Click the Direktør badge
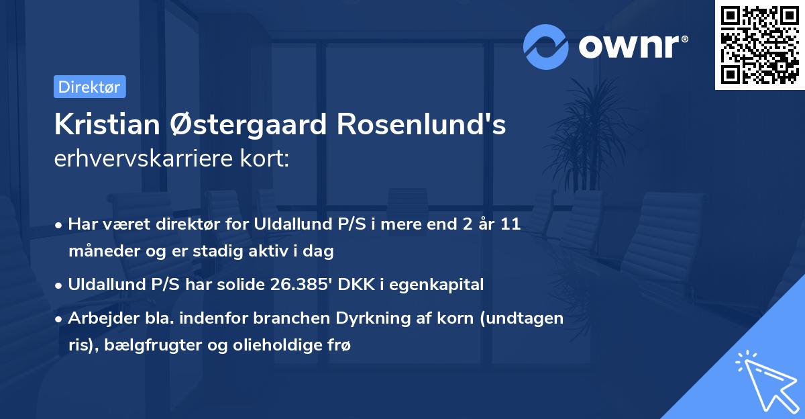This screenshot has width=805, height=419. coord(89,87)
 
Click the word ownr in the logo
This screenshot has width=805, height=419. coord(629,46)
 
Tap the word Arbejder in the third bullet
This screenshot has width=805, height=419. coord(98,318)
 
